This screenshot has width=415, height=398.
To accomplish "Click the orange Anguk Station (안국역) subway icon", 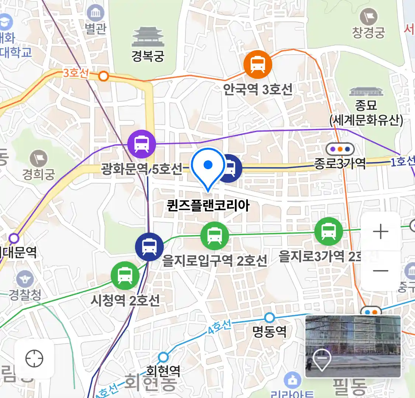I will (x=257, y=65).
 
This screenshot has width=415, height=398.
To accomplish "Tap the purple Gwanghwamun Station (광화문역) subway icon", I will (x=142, y=144).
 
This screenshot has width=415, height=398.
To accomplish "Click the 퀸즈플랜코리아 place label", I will (x=208, y=205).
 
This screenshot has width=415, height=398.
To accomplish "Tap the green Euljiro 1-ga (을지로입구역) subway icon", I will (x=214, y=235).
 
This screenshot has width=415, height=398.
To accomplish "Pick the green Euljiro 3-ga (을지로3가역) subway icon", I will (x=328, y=231).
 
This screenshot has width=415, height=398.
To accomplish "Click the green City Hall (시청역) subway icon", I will (x=125, y=275).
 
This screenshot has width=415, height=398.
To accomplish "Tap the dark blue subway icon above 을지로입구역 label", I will (x=149, y=247).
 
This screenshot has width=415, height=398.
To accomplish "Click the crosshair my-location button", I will (x=34, y=359).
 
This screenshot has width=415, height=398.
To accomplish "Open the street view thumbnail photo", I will (x=353, y=346).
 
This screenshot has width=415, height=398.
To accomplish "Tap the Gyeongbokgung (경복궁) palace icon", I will (x=148, y=37).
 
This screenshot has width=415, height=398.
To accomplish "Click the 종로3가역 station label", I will (x=340, y=163).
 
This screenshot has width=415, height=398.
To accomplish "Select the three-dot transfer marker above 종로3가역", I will (x=340, y=149).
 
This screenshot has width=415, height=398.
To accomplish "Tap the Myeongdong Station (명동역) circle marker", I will (x=270, y=317).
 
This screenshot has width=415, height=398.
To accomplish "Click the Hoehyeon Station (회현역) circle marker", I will (x=163, y=357).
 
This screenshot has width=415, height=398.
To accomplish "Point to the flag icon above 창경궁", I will (x=368, y=16).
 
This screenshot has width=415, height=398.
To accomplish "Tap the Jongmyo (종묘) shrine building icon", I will (x=366, y=92).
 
